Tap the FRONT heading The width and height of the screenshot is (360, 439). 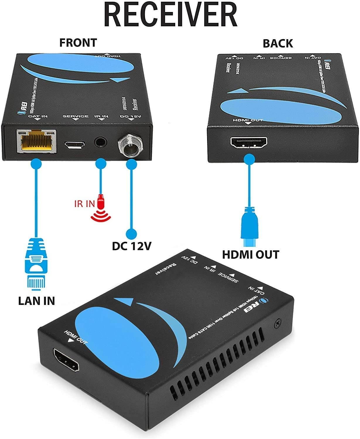pyautogui.click(x=78, y=43)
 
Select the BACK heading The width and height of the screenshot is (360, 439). pyautogui.click(x=277, y=43)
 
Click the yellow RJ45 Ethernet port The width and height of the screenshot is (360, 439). pyautogui.click(x=37, y=141)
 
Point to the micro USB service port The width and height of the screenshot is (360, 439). pyautogui.click(x=75, y=144)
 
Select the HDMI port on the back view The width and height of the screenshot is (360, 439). pyautogui.click(x=249, y=143)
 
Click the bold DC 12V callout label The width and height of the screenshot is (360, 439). pyautogui.click(x=132, y=246)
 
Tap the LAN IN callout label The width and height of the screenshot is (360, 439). pyautogui.click(x=36, y=301)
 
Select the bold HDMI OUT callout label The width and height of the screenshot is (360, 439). pyautogui.click(x=250, y=254)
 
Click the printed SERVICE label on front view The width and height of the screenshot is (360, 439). pyautogui.click(x=75, y=116)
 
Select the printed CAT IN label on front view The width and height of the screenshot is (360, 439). pyautogui.click(x=37, y=116)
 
